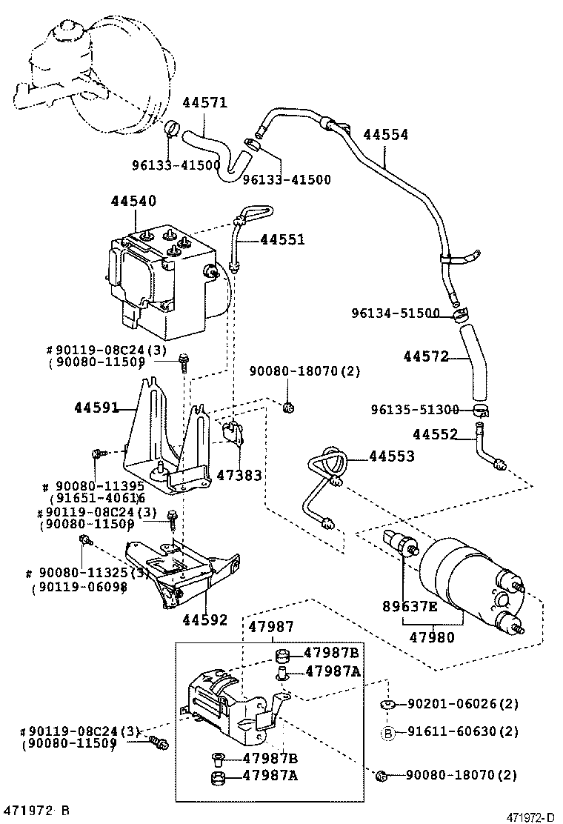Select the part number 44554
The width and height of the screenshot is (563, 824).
(x=385, y=134)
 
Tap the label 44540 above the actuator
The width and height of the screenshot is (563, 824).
(x=134, y=201)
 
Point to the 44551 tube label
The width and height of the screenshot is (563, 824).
(x=281, y=239)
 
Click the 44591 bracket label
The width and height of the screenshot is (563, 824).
(x=96, y=407)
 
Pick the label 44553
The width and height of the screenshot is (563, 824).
(x=392, y=456)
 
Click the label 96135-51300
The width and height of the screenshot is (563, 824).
(x=415, y=410)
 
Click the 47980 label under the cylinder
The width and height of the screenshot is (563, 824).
(x=433, y=637)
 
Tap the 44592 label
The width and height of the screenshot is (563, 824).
(x=205, y=620)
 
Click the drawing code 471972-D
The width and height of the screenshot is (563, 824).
(x=530, y=817)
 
